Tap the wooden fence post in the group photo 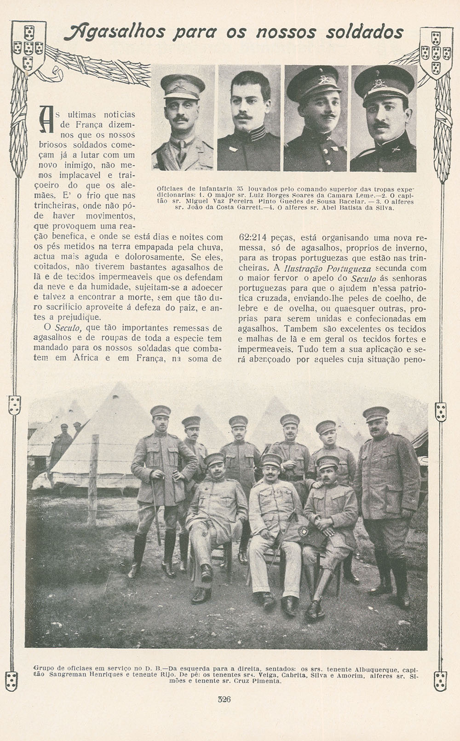click(x=93, y=479)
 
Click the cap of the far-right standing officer click(x=376, y=413)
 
